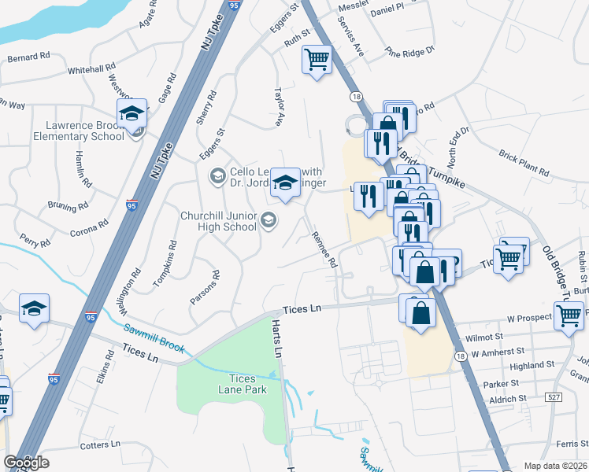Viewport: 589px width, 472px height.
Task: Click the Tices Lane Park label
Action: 243,384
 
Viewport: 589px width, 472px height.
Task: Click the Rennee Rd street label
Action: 324,249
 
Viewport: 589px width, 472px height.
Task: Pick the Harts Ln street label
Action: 276,338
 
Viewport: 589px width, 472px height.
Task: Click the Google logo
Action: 26,463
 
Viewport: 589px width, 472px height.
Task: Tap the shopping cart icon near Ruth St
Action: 317,59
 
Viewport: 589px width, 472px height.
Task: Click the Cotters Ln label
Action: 100,445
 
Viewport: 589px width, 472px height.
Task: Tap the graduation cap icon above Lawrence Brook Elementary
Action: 132,112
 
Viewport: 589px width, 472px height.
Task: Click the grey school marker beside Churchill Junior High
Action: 269,219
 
